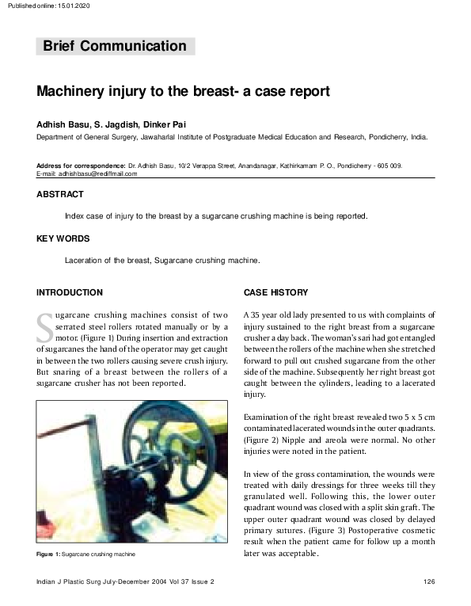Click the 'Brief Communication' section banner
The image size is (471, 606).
tap(115, 46)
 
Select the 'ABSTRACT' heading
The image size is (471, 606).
tap(60, 194)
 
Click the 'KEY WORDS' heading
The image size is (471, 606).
tap(63, 238)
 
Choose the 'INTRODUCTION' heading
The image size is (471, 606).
tap(70, 292)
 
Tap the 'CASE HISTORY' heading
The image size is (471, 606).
tap(276, 292)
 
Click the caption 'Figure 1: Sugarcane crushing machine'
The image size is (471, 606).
tap(86, 555)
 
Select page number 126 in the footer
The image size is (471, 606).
tap(430, 582)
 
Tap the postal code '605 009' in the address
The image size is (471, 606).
tap(390, 166)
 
